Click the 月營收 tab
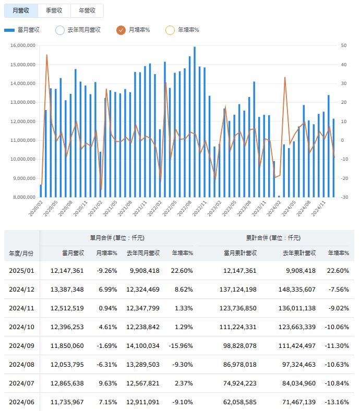[21, 10]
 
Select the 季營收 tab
[54, 10]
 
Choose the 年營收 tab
[87, 10]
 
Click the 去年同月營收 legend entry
[78, 30]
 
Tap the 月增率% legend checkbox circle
[121, 30]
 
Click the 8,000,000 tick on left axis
[23, 197]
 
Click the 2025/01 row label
[21, 270]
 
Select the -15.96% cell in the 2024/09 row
[181, 345]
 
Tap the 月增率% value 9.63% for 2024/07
[108, 383]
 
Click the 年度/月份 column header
[21, 253]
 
